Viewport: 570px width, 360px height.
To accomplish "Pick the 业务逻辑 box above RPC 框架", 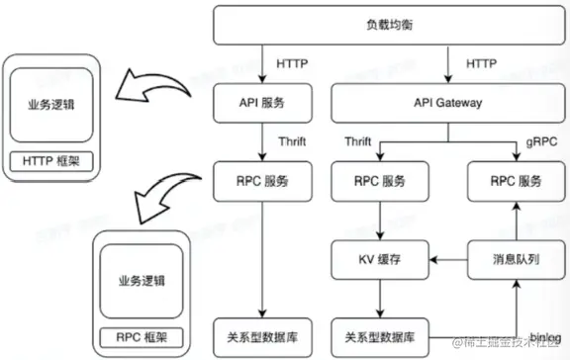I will pos(138,280).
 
